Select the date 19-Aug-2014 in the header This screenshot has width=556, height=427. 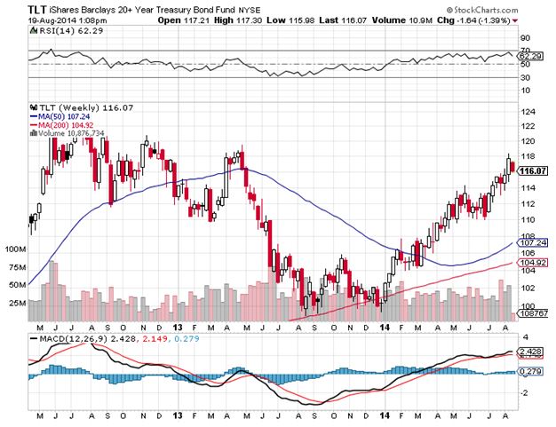[51, 18]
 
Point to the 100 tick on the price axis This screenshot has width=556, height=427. [527, 306]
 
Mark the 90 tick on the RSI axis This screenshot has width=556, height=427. [525, 38]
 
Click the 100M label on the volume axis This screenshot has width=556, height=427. [14, 249]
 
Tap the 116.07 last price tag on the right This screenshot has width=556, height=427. [531, 170]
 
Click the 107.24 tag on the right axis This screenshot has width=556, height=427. [530, 243]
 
